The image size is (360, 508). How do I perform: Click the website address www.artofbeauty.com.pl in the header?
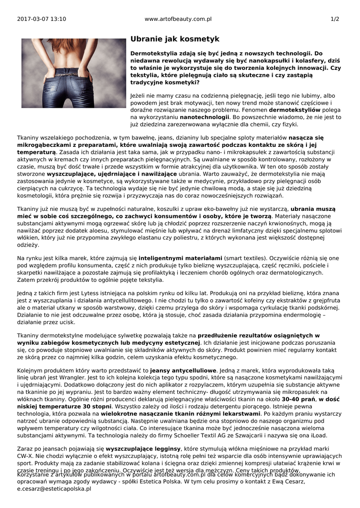coord(178,19)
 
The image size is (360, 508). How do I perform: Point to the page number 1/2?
coord(335,19)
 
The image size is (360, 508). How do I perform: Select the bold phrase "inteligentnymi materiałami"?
coord(181,258)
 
